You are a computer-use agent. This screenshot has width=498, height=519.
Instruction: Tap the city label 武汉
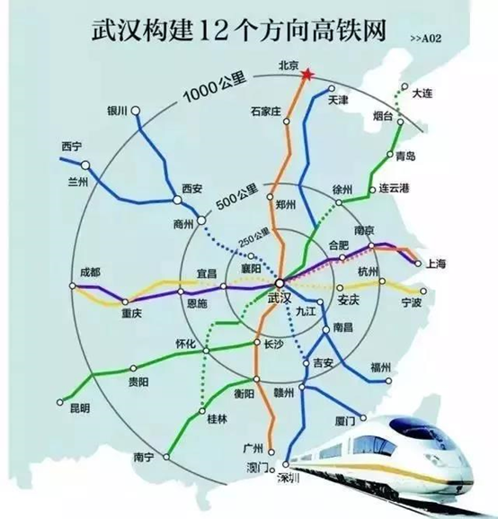point(280,298)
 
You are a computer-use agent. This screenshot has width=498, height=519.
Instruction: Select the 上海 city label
point(439,264)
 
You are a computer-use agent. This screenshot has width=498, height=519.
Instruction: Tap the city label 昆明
point(79,409)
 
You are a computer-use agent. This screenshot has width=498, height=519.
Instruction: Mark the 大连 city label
point(422,93)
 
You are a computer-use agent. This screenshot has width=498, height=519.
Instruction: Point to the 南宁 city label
point(144,457)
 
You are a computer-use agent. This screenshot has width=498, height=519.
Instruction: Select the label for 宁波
point(413,304)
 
